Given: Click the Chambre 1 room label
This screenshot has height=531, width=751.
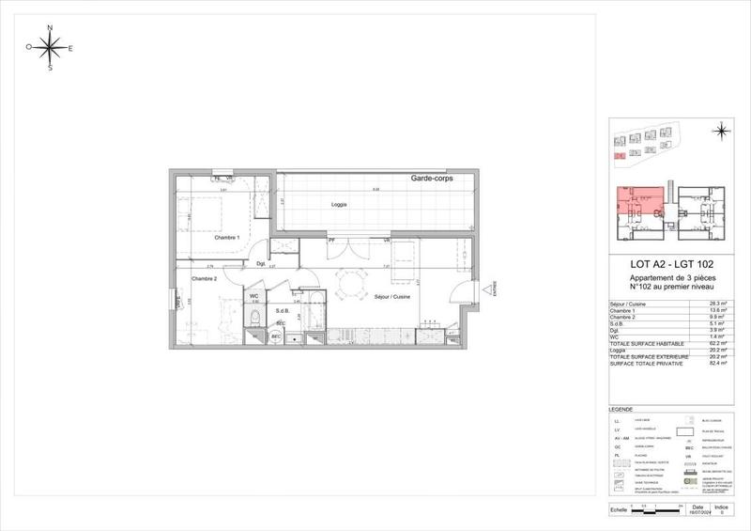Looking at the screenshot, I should [x=225, y=238].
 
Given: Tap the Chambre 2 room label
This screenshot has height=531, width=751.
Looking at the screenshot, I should [x=205, y=279].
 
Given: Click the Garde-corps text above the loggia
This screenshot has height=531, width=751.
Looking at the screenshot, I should [x=432, y=179].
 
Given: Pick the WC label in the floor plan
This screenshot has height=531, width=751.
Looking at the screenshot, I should [x=253, y=297].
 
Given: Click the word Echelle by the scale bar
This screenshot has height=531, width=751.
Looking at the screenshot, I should [x=618, y=510].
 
